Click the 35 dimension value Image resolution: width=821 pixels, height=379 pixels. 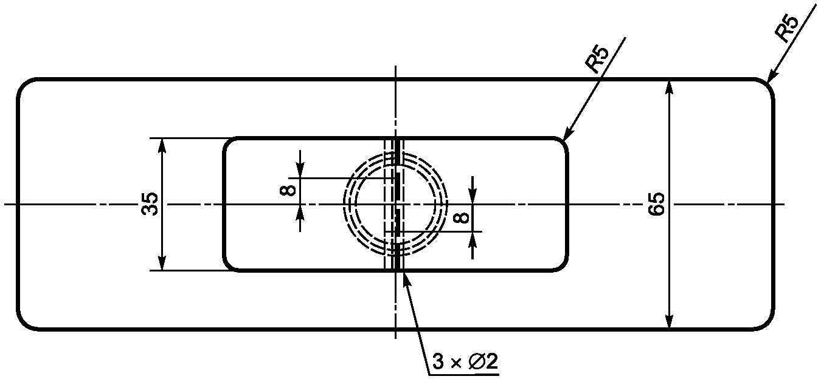pos(150,204)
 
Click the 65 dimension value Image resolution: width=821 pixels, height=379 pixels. pos(656,204)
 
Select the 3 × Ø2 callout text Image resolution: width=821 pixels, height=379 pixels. pos(465,361)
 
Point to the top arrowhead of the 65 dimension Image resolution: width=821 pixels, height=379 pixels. pos(669,87)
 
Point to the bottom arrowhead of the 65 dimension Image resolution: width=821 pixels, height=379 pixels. pos(669,321)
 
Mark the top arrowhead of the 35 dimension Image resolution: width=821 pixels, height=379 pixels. pos(162,146)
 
